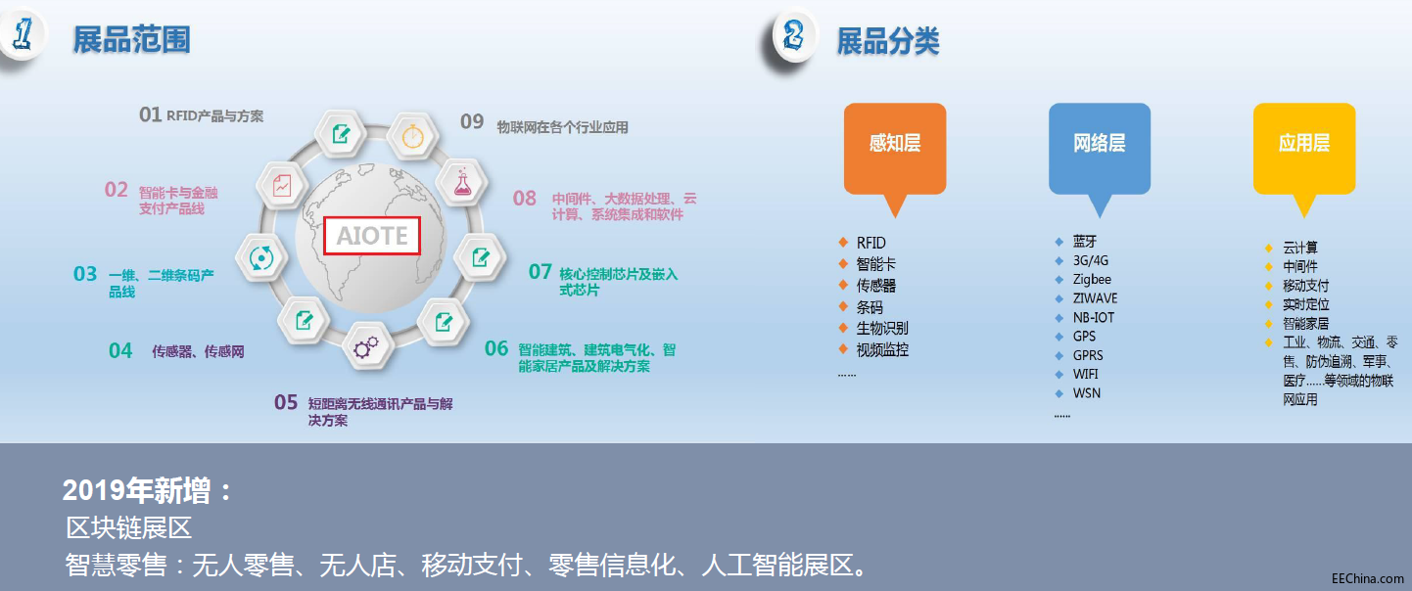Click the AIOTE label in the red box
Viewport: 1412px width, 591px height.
[372, 236]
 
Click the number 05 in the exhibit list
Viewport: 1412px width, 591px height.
[286, 402]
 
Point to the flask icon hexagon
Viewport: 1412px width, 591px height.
[463, 183]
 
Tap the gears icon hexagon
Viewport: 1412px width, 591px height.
[366, 347]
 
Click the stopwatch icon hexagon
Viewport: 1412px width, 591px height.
[413, 136]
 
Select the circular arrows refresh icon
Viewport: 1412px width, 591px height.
[261, 257]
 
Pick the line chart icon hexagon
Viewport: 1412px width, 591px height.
[282, 186]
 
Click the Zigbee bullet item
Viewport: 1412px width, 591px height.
[1092, 279]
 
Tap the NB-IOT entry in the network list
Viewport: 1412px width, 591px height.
[1094, 318]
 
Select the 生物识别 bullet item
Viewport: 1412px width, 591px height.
[882, 328]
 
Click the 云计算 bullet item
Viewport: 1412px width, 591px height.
[1299, 247]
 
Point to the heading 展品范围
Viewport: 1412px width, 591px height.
[132, 39]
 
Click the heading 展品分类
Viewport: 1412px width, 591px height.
[887, 41]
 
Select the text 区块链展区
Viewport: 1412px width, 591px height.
[128, 527]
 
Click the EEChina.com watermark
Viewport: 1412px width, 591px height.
[1367, 578]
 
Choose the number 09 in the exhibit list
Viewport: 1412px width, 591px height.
[472, 121]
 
